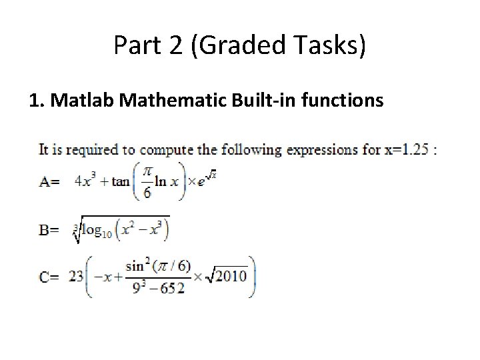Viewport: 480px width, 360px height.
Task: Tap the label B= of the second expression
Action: click(x=49, y=231)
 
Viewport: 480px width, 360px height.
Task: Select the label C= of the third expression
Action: click(x=49, y=277)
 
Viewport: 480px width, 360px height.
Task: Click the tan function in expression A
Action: click(x=121, y=181)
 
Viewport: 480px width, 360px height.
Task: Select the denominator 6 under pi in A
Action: click(x=147, y=192)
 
